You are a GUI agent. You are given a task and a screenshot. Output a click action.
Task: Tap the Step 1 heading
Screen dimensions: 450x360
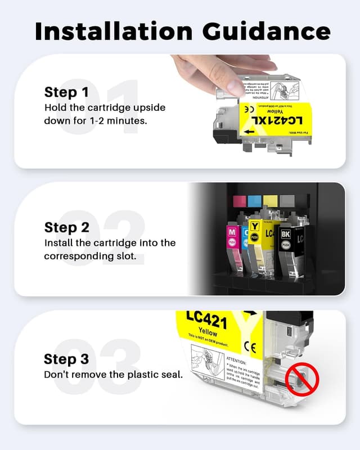coord(67,92)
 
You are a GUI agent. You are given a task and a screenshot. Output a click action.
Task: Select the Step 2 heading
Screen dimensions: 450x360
coord(67,228)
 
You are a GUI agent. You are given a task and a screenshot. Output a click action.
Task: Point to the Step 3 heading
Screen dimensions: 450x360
coord(67,359)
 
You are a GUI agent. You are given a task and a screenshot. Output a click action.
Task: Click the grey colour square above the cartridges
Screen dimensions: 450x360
coord(286,201)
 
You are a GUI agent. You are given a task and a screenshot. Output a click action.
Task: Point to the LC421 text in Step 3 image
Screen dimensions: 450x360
coord(206,322)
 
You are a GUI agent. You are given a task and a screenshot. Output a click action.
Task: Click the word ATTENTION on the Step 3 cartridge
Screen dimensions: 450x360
coord(236,358)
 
